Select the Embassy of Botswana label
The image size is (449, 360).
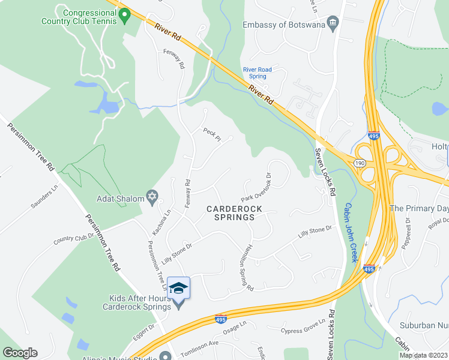[x=283, y=25]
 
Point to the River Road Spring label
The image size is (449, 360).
[x=258, y=73]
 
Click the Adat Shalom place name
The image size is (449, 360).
[x=120, y=199]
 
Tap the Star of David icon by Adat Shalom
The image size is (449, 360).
[x=152, y=198]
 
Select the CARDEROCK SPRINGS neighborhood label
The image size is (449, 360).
[x=231, y=213]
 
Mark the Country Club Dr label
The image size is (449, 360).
[x=74, y=237]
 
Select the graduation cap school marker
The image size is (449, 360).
[x=179, y=289]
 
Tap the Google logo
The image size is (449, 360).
[x=20, y=353]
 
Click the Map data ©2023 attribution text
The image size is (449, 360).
[x=424, y=355]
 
